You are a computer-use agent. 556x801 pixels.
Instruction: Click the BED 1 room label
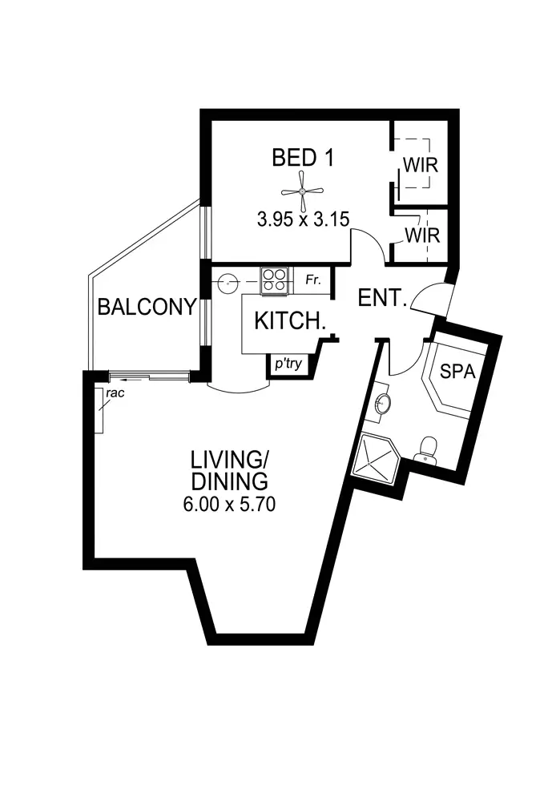click(x=302, y=158)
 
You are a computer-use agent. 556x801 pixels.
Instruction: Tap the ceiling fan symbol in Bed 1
click(x=302, y=191)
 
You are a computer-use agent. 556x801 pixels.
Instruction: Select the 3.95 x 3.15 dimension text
click(x=303, y=219)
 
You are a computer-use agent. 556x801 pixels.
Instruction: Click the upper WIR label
click(x=419, y=166)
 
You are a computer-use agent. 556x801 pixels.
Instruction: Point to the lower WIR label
click(x=420, y=236)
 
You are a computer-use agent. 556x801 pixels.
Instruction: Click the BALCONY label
click(x=147, y=307)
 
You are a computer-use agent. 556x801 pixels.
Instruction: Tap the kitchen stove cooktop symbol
click(x=274, y=281)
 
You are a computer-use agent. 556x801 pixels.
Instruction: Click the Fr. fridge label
click(x=313, y=281)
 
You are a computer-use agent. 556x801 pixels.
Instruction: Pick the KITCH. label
click(x=289, y=321)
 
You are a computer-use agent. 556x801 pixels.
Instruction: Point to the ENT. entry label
click(x=384, y=299)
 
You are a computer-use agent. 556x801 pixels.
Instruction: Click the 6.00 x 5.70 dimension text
click(x=230, y=505)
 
